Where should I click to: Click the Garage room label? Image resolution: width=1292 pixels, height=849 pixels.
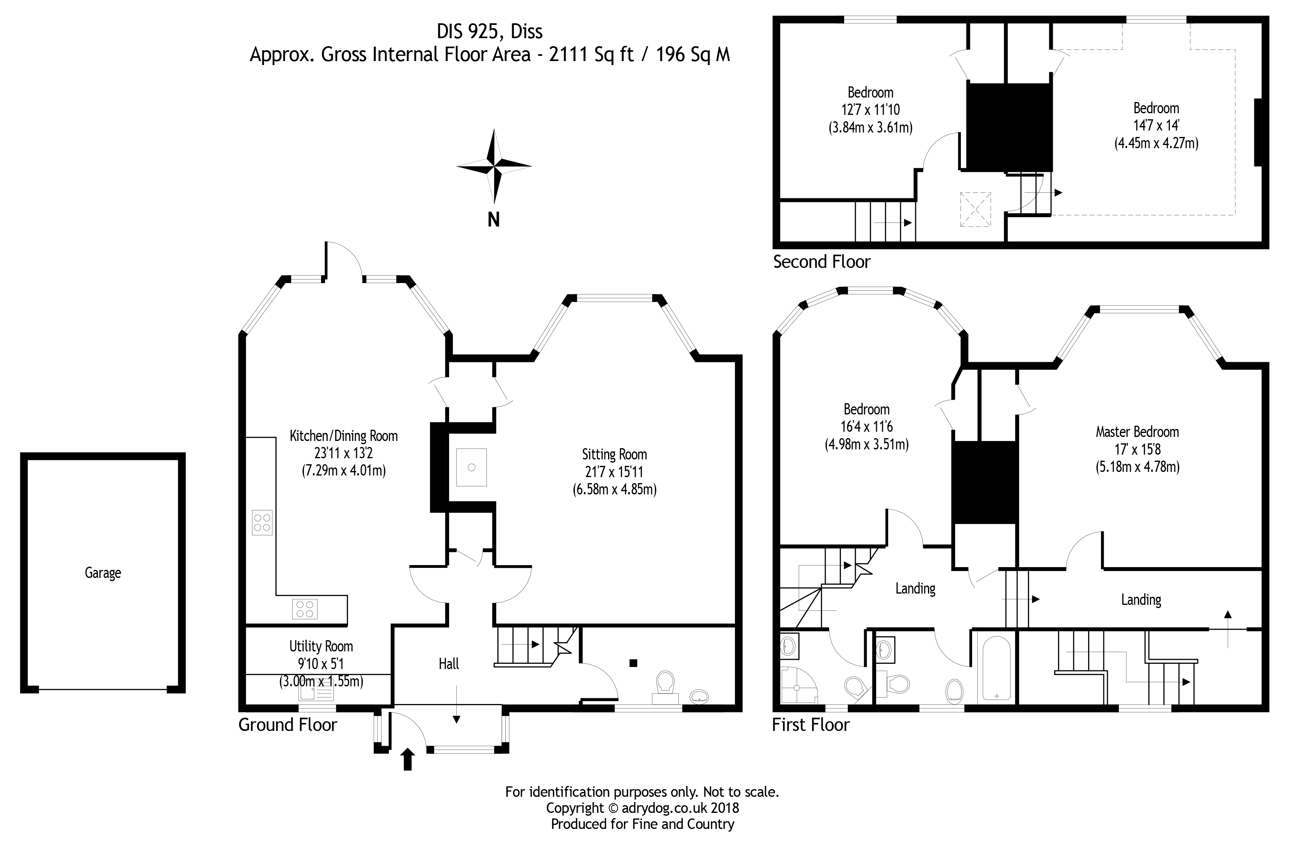pos(103,573)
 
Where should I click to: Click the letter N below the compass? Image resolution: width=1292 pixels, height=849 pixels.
pos(493,219)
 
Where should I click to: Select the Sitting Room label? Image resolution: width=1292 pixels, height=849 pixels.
pos(614,454)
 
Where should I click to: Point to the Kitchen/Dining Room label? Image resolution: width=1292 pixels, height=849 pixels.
pos(344,436)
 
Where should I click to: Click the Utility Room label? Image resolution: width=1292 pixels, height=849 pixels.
pos(321,646)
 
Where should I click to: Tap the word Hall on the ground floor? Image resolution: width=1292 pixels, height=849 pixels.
pos(449,663)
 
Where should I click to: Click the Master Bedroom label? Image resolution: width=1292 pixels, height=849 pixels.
pos(1137,432)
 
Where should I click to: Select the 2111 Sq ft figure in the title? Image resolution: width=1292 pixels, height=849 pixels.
pos(591,54)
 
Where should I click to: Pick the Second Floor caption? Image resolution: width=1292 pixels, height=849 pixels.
pos(821,262)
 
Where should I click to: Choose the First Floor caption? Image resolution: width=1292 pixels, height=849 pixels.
pos(810,725)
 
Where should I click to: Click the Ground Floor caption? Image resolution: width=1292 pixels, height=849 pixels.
pos(288,725)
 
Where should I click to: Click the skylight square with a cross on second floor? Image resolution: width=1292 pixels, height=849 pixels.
pos(975,209)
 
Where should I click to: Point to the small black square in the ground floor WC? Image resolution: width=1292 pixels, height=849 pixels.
pos(633,663)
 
